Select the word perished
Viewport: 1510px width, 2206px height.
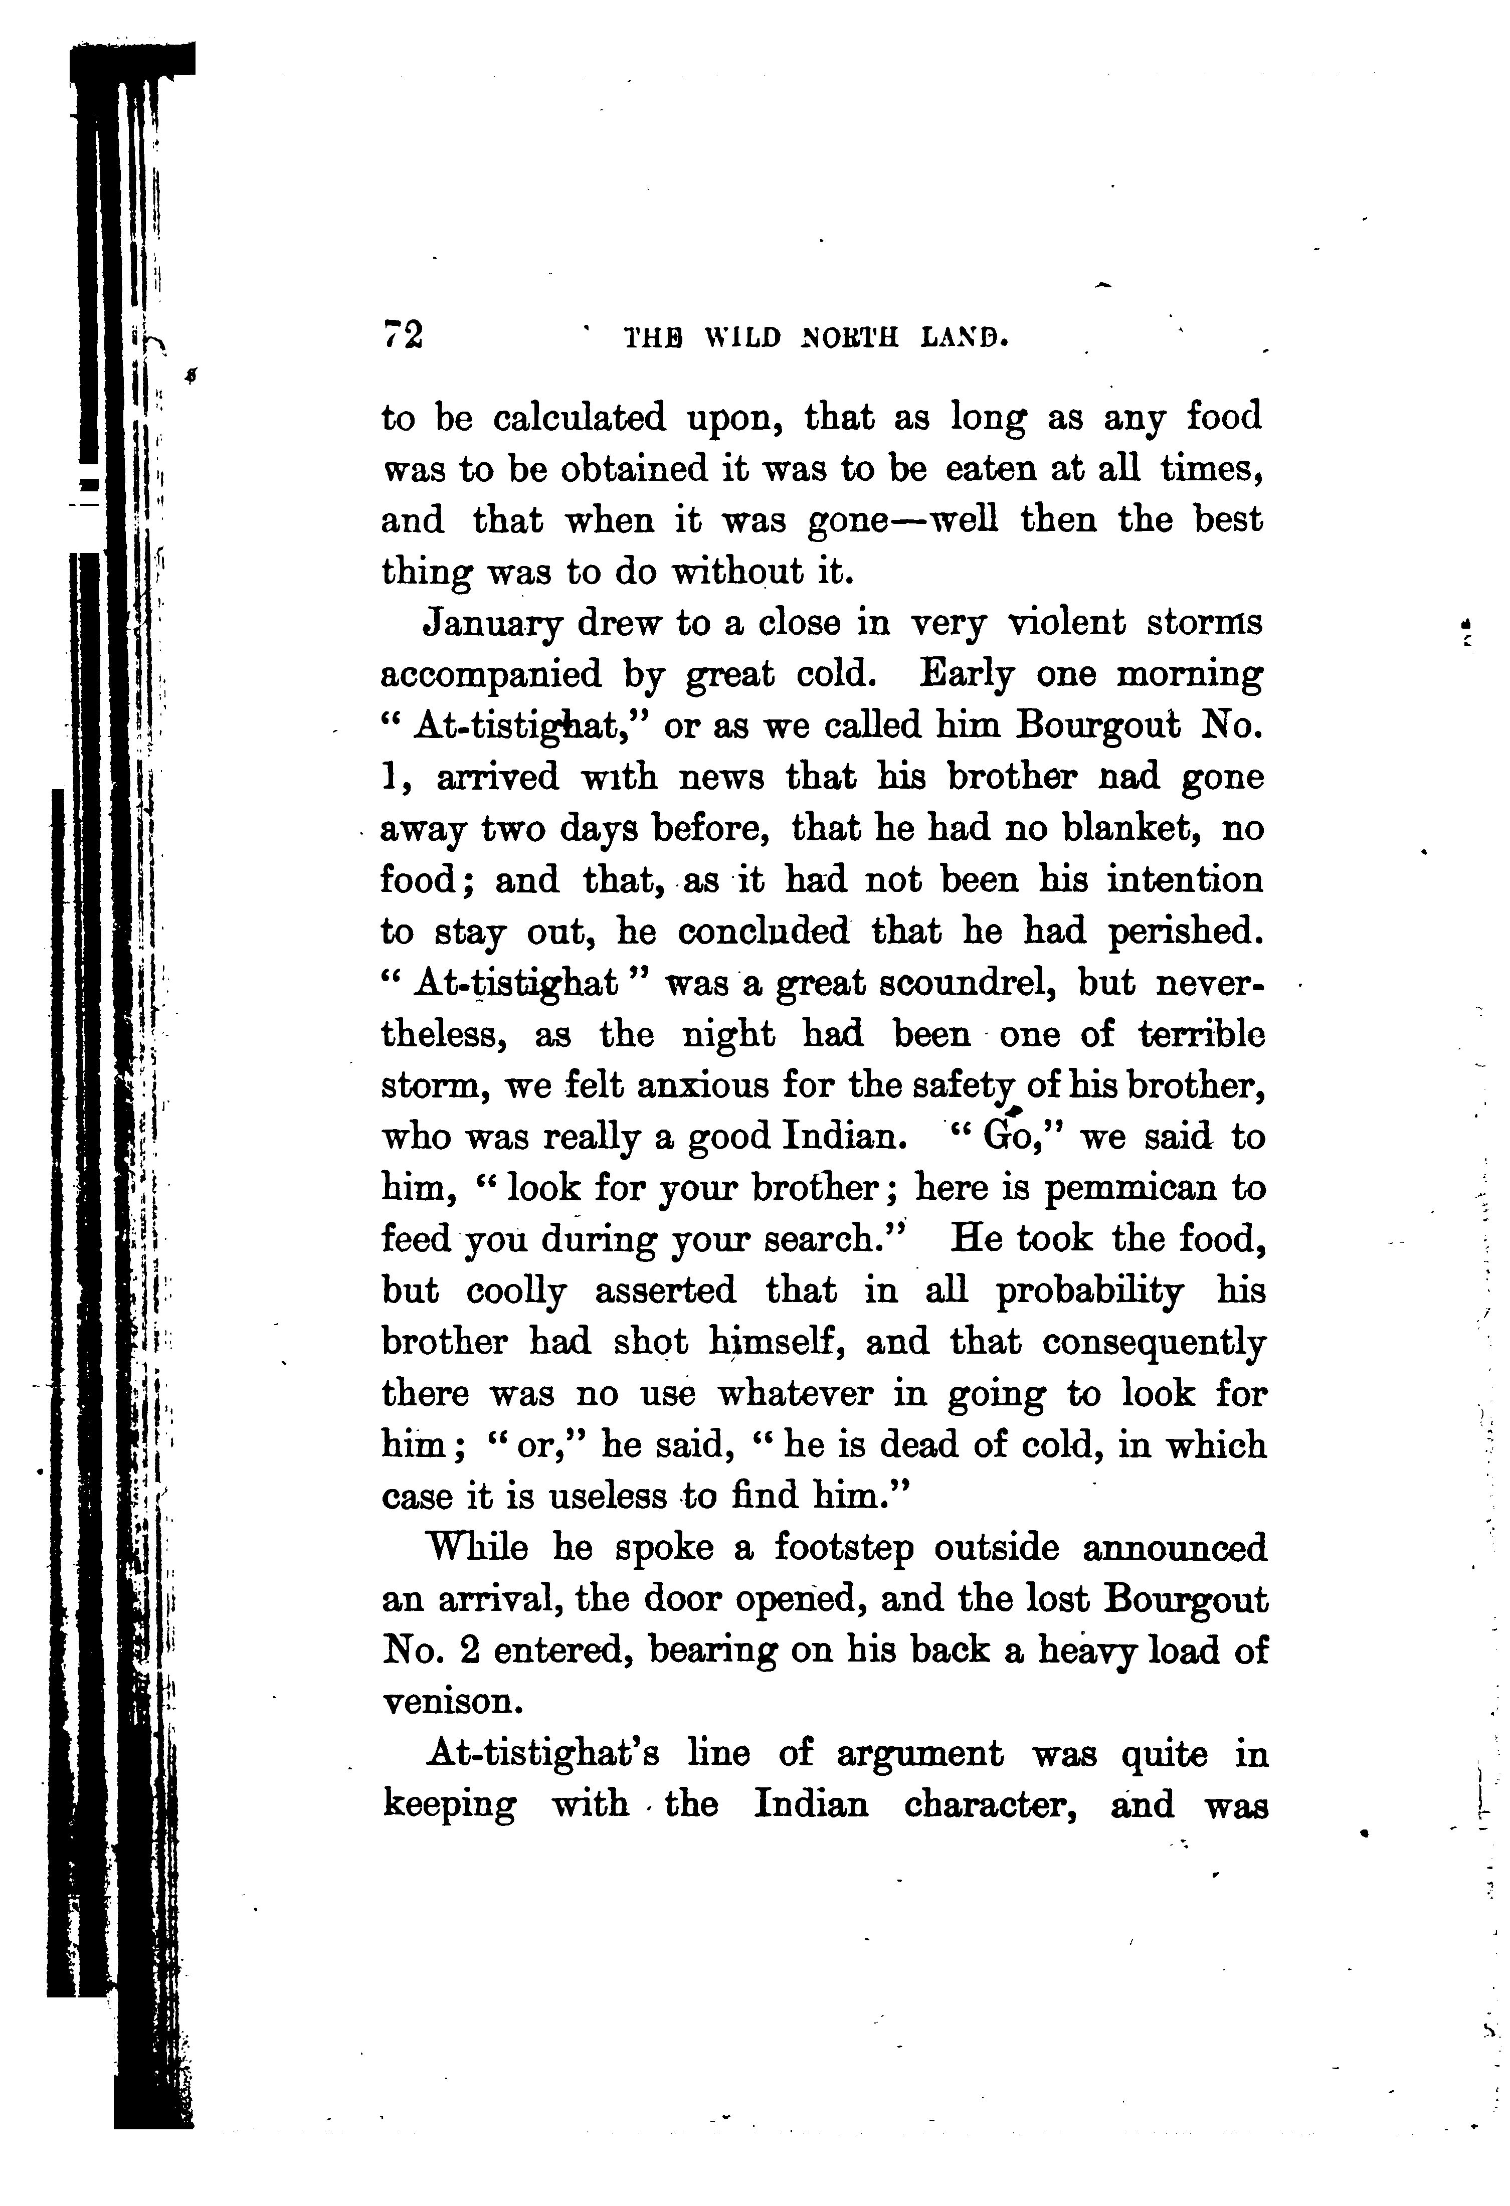point(1186,931)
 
